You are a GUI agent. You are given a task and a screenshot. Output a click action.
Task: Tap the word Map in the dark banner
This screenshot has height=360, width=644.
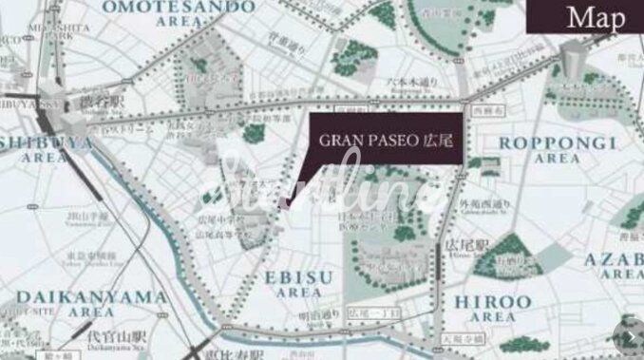coord(596,17)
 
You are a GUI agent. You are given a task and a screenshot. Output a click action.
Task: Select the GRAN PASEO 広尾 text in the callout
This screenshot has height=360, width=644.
coord(386,139)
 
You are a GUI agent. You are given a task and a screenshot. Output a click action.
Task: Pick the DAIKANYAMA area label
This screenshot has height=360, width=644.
coord(91,302)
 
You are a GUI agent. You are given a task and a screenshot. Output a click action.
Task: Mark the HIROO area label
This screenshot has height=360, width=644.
coord(485,307)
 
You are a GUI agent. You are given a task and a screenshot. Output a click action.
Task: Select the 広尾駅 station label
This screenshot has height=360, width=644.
coord(460,245)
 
